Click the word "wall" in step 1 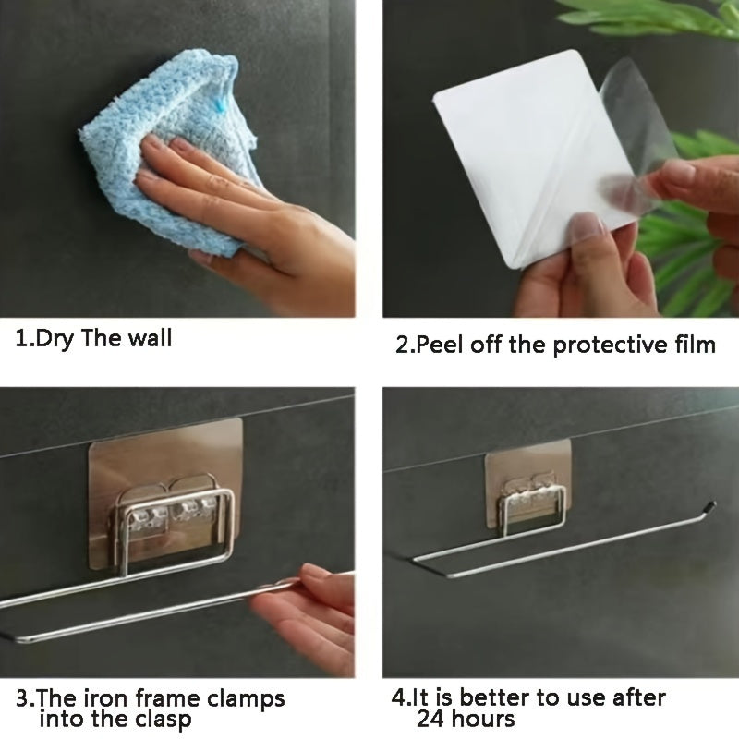point(150,338)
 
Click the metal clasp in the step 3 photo point(174,523)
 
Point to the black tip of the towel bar point(709,506)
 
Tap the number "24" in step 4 point(430,720)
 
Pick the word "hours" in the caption point(482,720)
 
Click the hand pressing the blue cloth point(245,217)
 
